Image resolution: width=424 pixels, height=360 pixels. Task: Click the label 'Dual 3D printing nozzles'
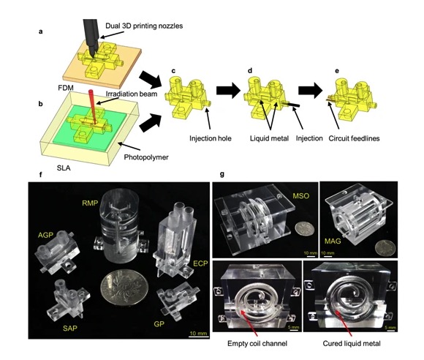(144, 26)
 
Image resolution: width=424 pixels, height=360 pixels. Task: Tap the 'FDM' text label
(66, 88)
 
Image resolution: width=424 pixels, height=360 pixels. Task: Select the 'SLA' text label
(64, 168)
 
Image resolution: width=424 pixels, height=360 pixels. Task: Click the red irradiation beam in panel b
(93, 106)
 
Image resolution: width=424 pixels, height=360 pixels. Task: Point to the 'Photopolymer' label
(146, 157)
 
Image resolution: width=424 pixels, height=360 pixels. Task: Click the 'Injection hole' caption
(210, 138)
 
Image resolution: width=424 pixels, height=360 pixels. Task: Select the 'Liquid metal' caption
(269, 138)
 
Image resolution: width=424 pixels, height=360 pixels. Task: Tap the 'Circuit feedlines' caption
(354, 138)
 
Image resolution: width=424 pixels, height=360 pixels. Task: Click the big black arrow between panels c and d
(228, 91)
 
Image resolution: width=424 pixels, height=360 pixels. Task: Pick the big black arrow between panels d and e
(310, 91)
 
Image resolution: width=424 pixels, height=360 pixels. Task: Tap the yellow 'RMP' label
(90, 203)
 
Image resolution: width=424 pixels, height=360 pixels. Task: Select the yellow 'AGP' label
(45, 235)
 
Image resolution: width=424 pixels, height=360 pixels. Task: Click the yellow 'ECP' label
(200, 263)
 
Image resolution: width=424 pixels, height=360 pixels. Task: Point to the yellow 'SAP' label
(70, 329)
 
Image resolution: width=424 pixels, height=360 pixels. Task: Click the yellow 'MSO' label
(300, 195)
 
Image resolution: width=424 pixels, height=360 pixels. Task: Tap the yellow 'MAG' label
(333, 241)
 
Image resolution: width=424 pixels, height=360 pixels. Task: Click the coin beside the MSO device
(305, 228)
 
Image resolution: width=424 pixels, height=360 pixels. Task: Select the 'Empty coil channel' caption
(257, 343)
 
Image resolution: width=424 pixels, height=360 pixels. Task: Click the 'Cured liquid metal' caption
(352, 343)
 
